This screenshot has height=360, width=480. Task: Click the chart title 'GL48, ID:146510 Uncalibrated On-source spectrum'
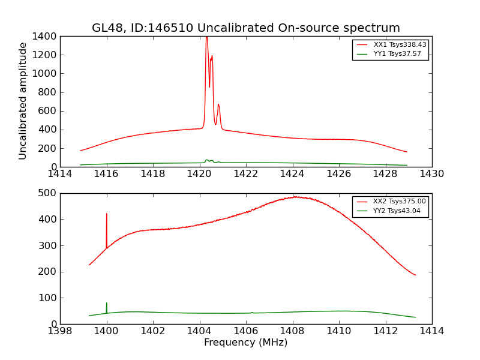pyautogui.click(x=245, y=28)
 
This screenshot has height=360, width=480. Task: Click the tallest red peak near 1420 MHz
pyautogui.click(x=206, y=37)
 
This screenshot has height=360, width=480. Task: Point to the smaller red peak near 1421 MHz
pyautogui.click(x=218, y=105)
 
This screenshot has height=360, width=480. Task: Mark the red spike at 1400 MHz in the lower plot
pyautogui.click(x=107, y=214)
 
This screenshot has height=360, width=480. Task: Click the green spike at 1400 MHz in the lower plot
pyautogui.click(x=107, y=304)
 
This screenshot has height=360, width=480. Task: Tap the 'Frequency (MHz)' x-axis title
pyautogui.click(x=245, y=343)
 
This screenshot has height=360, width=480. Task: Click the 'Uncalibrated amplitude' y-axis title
pyautogui.click(x=23, y=101)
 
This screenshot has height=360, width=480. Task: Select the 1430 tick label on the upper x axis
pyautogui.click(x=431, y=175)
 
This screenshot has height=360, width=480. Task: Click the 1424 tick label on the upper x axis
pyautogui.click(x=292, y=175)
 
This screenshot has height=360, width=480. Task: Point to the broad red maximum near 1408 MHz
pyautogui.click(x=295, y=197)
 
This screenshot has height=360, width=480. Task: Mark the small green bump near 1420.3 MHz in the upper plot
pyautogui.click(x=206, y=160)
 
